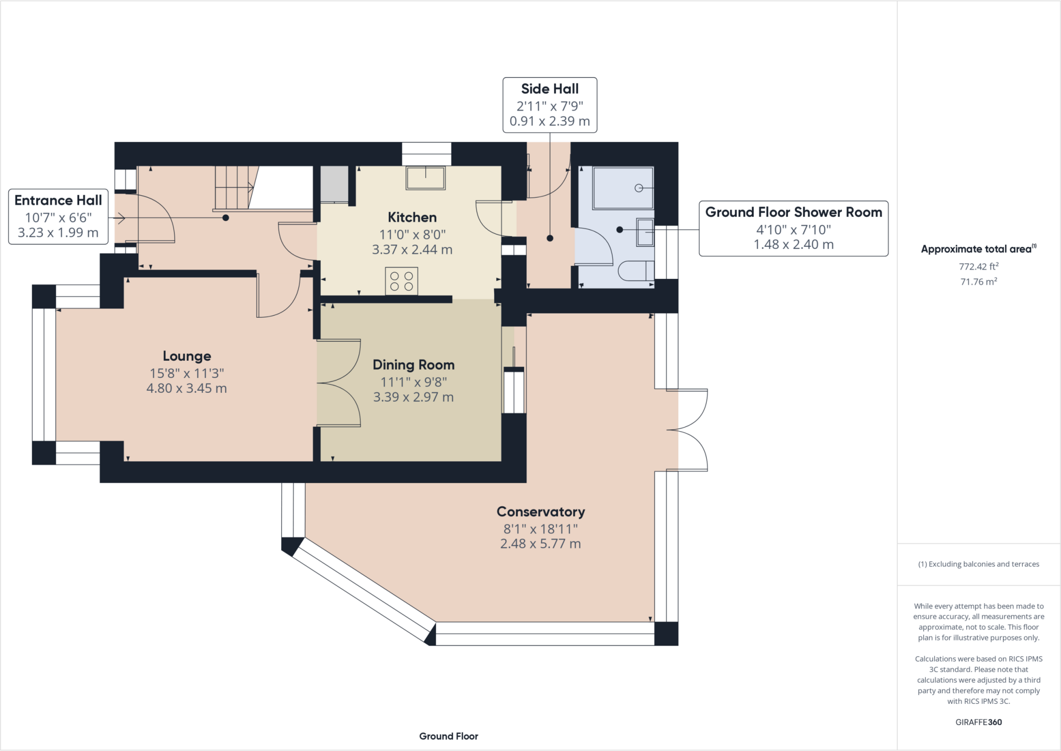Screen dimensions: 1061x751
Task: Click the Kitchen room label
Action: point(412,217)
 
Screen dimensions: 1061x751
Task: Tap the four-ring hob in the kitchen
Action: point(402,280)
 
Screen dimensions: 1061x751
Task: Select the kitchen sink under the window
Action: point(425,178)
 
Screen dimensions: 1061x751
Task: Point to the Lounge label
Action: point(187,356)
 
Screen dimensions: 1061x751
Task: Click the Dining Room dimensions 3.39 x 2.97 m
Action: point(413,397)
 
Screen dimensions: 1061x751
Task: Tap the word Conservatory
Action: point(541,512)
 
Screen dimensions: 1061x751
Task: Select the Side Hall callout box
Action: point(550,105)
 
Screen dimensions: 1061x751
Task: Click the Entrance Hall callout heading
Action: point(58,200)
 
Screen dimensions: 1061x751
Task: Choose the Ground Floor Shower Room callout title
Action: point(794,212)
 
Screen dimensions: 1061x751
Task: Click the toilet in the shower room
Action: point(637,271)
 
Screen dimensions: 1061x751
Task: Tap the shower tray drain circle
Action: point(639,188)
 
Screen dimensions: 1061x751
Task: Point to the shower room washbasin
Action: point(646,232)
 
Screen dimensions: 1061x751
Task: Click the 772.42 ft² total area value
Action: point(979,266)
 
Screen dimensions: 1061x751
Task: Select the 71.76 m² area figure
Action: point(979,281)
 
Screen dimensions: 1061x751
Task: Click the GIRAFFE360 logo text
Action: point(979,722)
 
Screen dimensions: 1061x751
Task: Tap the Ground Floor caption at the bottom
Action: point(449,736)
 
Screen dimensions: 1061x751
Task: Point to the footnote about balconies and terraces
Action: point(979,564)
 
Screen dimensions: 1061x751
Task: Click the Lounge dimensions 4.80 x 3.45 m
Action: point(187,388)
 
